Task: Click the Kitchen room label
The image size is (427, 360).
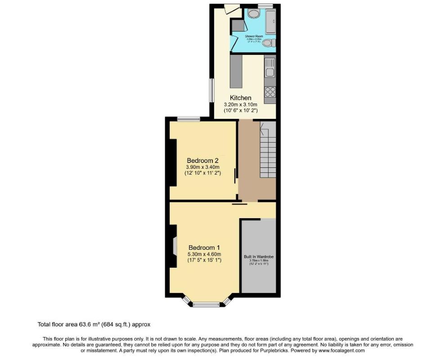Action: click(x=241, y=98)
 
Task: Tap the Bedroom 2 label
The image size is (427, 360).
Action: click(x=202, y=160)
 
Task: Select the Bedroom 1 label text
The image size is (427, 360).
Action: click(x=204, y=247)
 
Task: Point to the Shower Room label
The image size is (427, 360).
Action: click(x=254, y=36)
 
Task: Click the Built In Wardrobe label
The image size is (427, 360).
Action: click(x=259, y=257)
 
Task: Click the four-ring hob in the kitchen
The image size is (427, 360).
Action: click(x=270, y=92)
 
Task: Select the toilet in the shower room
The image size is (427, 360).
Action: click(x=268, y=43)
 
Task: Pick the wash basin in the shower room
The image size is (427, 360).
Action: click(x=253, y=13)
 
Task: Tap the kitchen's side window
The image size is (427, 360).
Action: click(x=212, y=90)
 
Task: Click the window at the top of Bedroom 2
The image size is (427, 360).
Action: click(x=188, y=119)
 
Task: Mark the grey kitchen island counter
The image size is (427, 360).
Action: click(x=236, y=71)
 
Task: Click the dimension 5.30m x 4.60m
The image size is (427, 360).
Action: click(x=204, y=254)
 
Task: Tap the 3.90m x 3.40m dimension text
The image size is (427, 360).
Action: click(x=202, y=167)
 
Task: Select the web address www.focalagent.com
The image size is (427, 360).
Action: click(x=341, y=350)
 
